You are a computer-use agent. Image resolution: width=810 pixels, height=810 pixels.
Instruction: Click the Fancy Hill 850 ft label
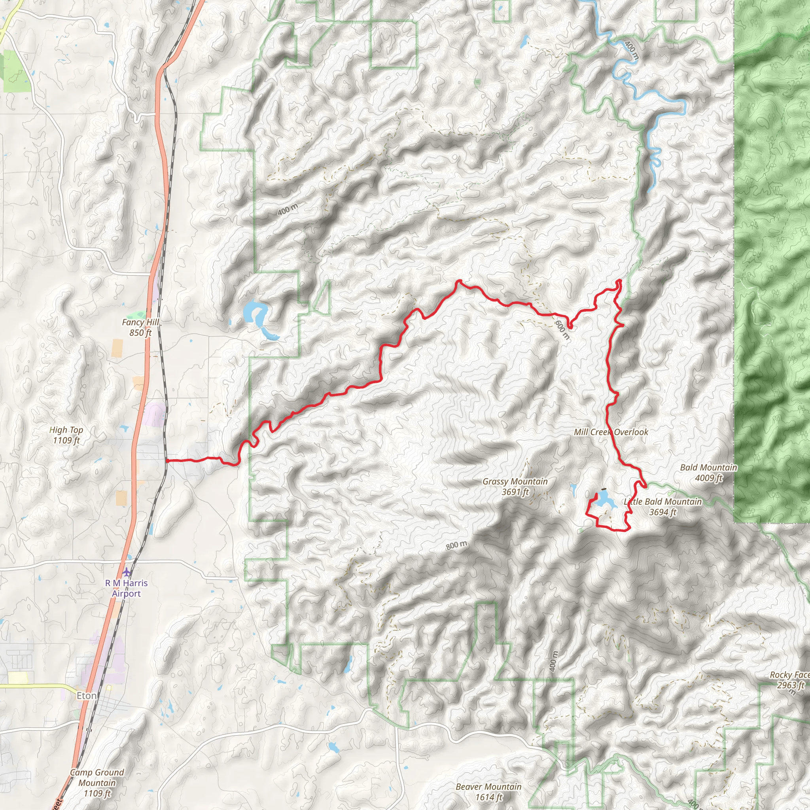(140, 327)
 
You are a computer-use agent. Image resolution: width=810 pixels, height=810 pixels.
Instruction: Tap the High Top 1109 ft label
(66, 435)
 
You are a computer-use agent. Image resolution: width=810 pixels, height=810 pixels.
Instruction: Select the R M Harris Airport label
(126, 588)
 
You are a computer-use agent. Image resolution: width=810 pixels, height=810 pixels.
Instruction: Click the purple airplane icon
(127, 572)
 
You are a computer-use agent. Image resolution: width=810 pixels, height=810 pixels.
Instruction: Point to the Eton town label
(86, 696)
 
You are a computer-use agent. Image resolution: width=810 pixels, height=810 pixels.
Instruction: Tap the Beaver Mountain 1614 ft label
(488, 792)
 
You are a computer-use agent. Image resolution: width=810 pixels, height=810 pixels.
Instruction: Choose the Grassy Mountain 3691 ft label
(515, 486)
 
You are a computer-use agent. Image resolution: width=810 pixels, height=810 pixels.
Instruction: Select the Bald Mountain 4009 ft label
(708, 473)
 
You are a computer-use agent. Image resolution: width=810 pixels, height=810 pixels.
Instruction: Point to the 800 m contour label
(456, 545)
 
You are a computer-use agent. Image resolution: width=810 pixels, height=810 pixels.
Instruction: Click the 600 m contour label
(562, 329)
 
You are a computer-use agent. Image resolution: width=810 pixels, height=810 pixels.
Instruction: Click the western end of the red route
(167, 461)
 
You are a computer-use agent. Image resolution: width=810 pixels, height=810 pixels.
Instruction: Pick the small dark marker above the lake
(604, 489)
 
